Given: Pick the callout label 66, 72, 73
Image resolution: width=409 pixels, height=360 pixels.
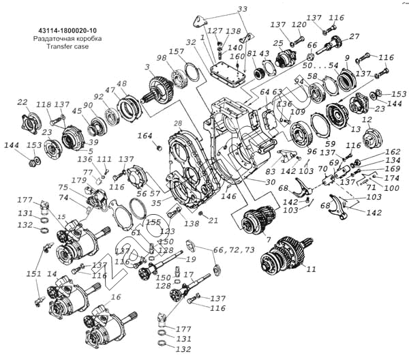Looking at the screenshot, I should pos(234,251).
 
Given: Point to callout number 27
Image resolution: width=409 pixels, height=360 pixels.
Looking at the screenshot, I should pos(354,36).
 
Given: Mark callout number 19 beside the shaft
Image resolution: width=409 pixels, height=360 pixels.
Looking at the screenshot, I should pos(192,260).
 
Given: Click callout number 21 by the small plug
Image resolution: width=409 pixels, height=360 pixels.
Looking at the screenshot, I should pos(213,220).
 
